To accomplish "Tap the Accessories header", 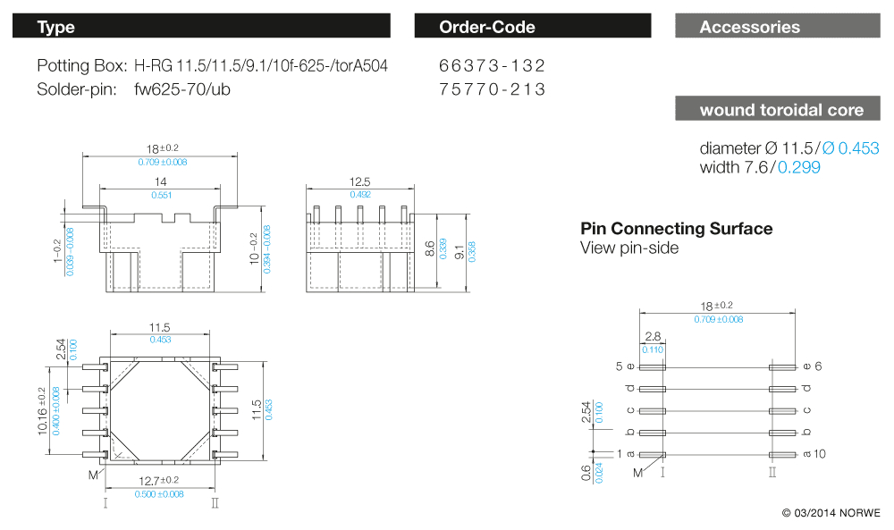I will tap(778, 27).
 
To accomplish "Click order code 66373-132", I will tap(492, 66).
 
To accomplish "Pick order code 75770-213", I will tap(492, 89).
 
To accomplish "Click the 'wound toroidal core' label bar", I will tap(778, 110).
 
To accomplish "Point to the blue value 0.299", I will tap(799, 167).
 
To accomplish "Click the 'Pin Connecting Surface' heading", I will tap(676, 229).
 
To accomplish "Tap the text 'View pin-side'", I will tap(629, 248).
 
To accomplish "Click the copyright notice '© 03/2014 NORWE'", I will tap(831, 513).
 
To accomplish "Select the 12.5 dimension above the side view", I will tap(360, 182).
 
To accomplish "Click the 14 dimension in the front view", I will tap(161, 181).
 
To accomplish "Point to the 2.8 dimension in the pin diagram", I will tap(652, 337).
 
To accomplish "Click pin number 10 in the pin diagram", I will tap(819, 454).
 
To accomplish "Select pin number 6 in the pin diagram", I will tap(818, 366).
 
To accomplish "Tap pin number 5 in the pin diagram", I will tap(618, 366).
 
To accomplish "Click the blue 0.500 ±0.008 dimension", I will tap(159, 493).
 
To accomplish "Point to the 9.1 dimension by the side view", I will tap(460, 252).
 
